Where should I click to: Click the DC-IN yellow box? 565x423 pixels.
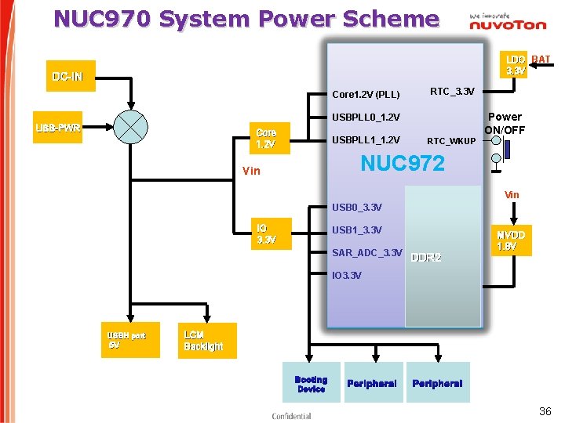click(71, 76)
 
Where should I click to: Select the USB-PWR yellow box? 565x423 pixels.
click(60, 128)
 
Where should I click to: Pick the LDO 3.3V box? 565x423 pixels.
click(516, 65)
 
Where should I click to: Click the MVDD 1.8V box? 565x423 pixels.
click(511, 240)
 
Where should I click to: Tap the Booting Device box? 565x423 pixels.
click(311, 383)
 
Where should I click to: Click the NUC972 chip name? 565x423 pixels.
click(402, 164)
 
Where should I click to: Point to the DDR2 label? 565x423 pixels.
click(426, 258)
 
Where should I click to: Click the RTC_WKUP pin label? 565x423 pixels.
click(450, 141)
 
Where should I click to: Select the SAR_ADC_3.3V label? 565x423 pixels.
click(366, 252)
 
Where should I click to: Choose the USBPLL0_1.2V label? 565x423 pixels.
click(366, 117)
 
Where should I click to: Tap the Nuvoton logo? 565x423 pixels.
click(507, 22)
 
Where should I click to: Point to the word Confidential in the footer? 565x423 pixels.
click(291, 416)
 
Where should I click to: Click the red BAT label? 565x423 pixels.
click(541, 60)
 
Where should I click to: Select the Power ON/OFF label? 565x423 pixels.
click(505, 123)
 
